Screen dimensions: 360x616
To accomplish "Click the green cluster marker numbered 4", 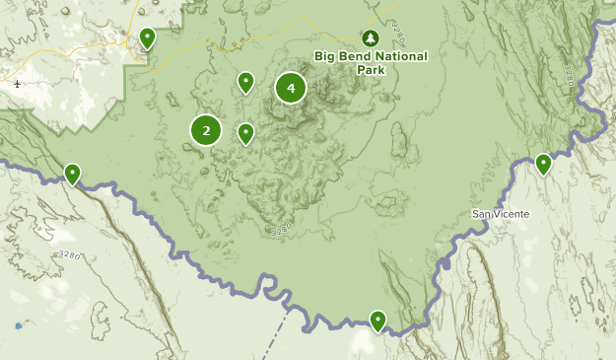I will pos(291,88).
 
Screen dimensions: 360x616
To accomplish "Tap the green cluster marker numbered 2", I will pos(206,129).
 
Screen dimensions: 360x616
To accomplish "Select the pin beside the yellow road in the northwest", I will pos(147,38).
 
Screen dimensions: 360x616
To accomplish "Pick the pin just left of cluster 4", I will pos(245,82).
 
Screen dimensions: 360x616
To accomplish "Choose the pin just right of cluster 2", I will pos(245,132).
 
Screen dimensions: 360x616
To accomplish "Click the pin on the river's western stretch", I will pos(72,174).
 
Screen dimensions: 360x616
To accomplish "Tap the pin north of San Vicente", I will pos(543,164).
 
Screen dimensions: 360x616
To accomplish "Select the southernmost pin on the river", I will pos(377,320).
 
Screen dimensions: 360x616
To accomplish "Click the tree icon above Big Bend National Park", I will pos(370,37).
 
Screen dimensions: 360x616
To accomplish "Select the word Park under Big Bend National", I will pos(371,70).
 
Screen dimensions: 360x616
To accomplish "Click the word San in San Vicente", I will pos(482,214).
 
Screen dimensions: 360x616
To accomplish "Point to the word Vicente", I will pos(512,214).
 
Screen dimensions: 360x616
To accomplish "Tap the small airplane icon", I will pos(19,84).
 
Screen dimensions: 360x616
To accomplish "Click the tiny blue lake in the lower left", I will pos(18,325).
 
